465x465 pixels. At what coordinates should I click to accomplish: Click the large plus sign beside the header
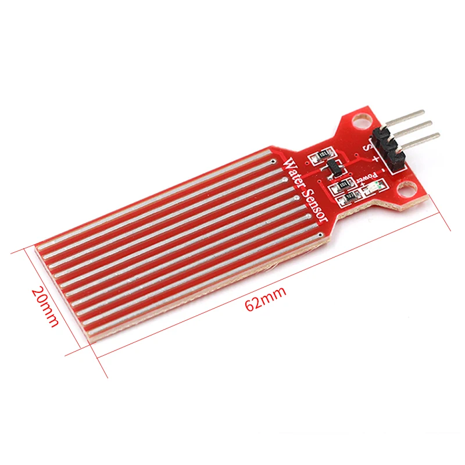click(375, 158)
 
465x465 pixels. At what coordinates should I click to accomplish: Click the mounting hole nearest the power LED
click(409, 190)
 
